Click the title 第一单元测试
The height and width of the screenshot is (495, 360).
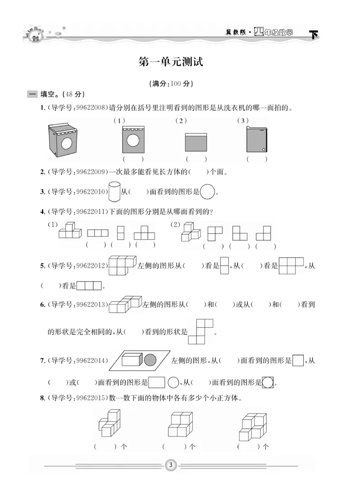(171, 62)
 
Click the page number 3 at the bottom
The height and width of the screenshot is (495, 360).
(171, 464)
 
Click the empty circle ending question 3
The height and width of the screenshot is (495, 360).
(207, 192)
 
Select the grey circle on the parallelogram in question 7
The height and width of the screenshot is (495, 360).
(150, 360)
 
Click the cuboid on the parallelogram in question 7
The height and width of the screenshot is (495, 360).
(133, 360)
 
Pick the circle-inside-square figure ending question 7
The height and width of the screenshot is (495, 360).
(268, 383)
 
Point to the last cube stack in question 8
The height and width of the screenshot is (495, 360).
(252, 425)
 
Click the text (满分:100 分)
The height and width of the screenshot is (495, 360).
(171, 84)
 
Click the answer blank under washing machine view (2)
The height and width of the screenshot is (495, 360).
(196, 159)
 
